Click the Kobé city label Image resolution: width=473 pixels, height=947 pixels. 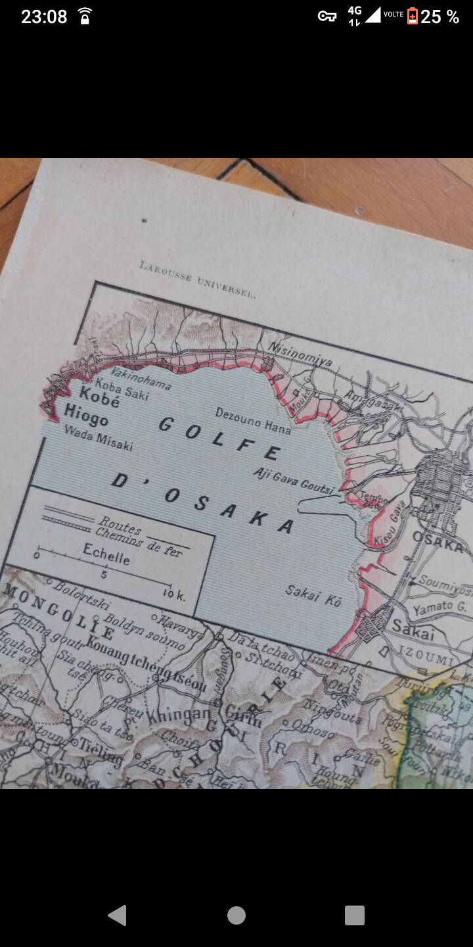[x=99, y=397]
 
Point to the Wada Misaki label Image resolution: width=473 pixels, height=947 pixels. [x=99, y=437]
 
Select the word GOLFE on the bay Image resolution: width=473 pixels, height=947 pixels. [x=219, y=437]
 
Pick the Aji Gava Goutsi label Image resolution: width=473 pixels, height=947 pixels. [x=294, y=480]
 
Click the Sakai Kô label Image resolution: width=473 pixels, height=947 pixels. [x=313, y=595]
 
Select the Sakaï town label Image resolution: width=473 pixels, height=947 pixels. [x=414, y=630]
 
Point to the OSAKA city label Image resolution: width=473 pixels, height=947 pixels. [x=438, y=543]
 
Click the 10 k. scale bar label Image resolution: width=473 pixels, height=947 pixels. [x=173, y=596]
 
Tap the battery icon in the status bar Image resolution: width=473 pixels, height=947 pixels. [x=413, y=16]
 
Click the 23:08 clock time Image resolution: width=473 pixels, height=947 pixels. [x=44, y=16]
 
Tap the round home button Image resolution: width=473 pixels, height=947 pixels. [x=236, y=915]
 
